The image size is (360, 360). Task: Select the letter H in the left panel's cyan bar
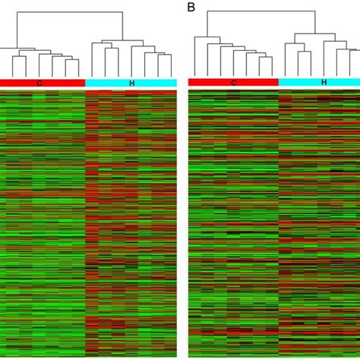(x=131, y=82)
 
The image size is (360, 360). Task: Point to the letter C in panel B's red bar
(x=234, y=82)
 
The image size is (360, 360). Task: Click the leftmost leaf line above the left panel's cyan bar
(x=93, y=59)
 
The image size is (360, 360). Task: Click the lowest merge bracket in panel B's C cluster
(x=265, y=57)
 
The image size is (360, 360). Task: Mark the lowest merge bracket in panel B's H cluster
(x=304, y=52)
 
